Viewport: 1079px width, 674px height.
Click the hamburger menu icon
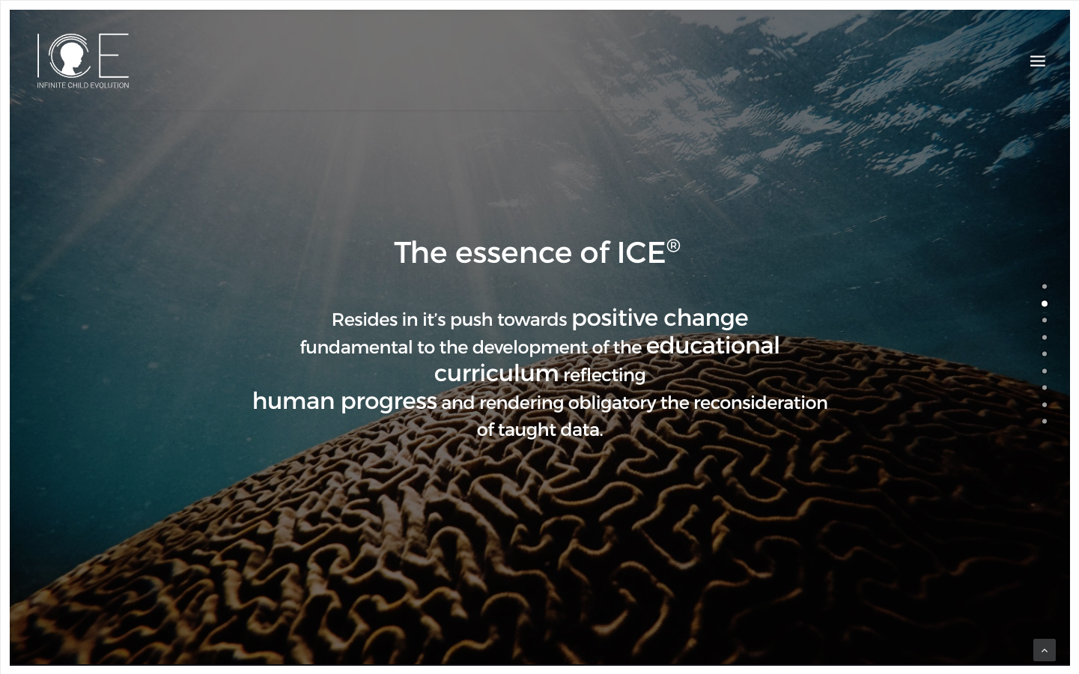pos(1037,61)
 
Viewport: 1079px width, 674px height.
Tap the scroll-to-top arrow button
pos(1044,650)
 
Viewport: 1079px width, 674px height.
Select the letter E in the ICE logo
pos(114,55)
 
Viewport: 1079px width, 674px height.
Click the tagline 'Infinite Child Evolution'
pos(83,85)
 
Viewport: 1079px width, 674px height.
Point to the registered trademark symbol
pos(673,246)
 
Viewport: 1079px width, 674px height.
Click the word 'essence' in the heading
pos(514,253)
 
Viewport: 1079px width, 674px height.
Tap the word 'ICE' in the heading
pos(641,252)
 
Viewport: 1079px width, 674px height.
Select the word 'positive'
pos(614,318)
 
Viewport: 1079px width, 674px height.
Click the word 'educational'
pos(712,345)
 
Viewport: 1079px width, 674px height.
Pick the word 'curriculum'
pos(496,374)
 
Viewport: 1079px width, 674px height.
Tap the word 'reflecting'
pos(604,375)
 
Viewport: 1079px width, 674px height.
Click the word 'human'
pos(294,401)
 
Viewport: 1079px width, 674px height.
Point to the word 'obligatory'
pos(612,403)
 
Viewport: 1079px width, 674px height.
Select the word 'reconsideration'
pos(760,403)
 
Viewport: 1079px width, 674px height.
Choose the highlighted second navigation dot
pos(1045,303)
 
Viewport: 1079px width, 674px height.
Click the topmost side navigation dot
pos(1045,287)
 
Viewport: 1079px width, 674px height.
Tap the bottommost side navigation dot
pos(1045,421)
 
